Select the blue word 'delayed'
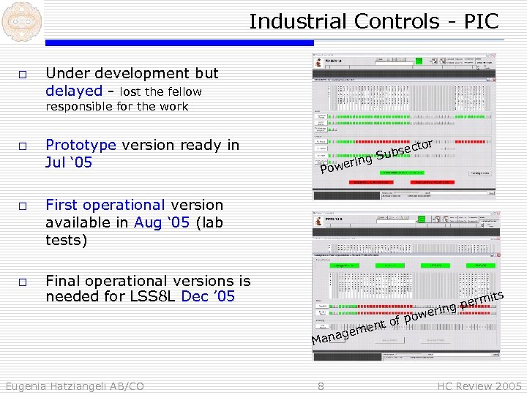click(x=73, y=91)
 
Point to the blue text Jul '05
click(x=69, y=162)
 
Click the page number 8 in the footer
click(x=321, y=385)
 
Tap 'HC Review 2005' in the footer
click(x=479, y=385)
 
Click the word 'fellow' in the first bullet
click(x=182, y=91)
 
